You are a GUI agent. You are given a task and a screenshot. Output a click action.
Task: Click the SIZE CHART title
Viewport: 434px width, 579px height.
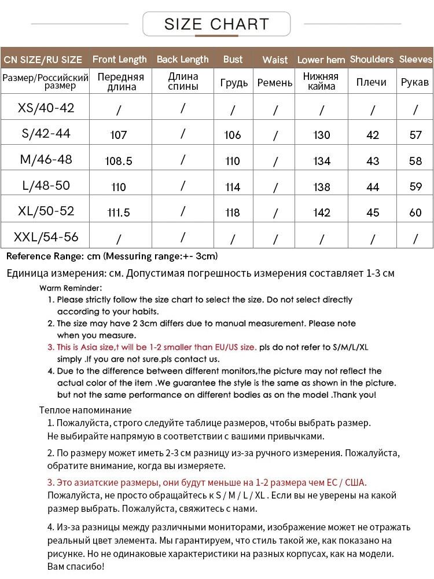[216, 24]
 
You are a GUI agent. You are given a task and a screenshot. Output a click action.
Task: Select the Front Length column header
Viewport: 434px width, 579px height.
[119, 59]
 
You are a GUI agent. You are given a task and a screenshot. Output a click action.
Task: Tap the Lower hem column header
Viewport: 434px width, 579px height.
[321, 60]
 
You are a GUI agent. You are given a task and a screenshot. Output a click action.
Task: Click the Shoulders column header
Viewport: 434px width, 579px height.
[372, 59]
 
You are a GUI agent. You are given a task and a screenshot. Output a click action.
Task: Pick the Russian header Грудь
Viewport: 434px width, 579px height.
[234, 82]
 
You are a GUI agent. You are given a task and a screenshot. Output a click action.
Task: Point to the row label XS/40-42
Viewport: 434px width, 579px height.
[46, 108]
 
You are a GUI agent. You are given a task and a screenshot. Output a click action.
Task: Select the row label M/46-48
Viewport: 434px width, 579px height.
[46, 159]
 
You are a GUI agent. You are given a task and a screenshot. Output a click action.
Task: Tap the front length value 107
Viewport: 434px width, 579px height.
[118, 135]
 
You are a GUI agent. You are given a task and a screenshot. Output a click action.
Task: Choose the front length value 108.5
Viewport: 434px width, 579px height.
[119, 161]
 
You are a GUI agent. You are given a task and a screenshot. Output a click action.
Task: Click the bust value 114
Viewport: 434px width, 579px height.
[233, 187]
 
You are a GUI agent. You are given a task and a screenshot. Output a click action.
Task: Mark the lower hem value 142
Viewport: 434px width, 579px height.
[321, 212]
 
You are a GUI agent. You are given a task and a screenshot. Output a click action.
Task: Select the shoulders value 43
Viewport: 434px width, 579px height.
[373, 161]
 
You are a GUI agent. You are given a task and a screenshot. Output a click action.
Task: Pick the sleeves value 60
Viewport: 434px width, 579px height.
[415, 212]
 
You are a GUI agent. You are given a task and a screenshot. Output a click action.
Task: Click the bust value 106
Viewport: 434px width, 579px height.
[233, 135]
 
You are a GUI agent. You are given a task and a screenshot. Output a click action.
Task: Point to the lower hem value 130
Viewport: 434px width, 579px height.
[321, 135]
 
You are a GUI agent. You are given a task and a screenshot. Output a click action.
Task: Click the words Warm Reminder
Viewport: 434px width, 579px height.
[71, 288]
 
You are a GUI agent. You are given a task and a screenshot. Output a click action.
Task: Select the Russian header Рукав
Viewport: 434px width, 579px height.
[415, 82]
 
